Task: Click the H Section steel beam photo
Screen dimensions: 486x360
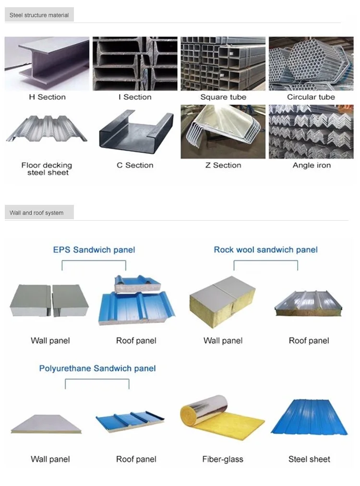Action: coord(47,63)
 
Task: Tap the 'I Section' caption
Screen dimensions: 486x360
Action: coord(135,97)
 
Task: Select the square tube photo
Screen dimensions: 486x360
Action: coord(223,63)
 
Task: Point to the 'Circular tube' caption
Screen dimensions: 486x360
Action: coord(311,97)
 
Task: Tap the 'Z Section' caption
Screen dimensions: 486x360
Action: coord(223,165)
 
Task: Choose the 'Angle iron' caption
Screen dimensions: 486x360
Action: coord(312,165)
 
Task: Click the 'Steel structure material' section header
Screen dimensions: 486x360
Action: coord(39,15)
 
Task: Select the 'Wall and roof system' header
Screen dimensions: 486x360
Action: coord(36,213)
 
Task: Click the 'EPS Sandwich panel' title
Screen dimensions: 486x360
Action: coord(94,249)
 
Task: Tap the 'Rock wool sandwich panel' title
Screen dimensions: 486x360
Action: coord(265,249)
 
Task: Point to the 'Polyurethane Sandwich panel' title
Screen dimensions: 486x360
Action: coord(97,368)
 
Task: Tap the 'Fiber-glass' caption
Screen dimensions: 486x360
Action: coord(223,459)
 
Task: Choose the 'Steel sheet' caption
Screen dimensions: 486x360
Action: coord(309,459)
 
